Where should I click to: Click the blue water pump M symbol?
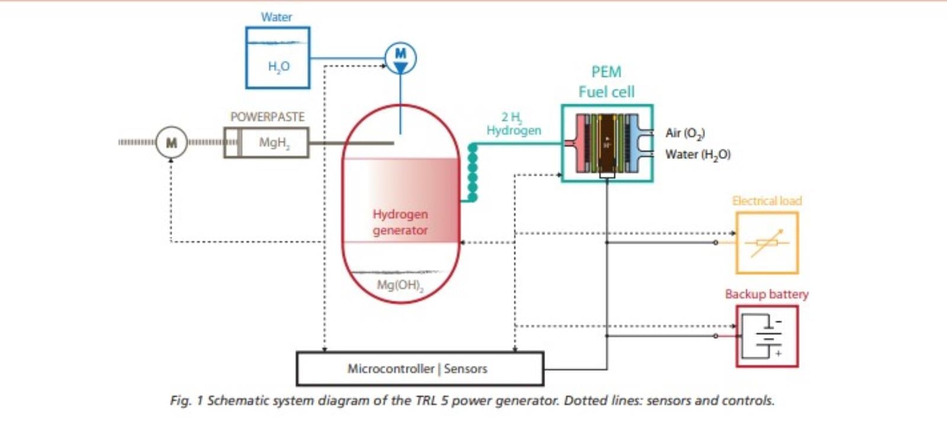pos(401,58)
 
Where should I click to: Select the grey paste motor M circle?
pos(172,143)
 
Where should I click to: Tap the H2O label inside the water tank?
pos(279,66)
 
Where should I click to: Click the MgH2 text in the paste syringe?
pos(274,143)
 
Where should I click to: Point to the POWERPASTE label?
pos(268,117)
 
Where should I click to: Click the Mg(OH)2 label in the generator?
pos(400,285)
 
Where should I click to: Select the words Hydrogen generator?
pos(400,222)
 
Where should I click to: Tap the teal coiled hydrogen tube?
pos(472,172)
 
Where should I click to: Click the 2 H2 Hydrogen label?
pos(513,124)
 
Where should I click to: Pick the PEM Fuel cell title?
pos(607,82)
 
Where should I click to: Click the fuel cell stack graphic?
pos(607,144)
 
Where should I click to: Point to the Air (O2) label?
pos(685,133)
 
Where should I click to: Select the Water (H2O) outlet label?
pos(698,155)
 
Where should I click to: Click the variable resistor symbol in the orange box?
pos(767,243)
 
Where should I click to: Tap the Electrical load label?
pos(766,201)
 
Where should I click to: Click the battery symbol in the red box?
pos(767,336)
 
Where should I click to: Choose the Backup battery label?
pos(766,294)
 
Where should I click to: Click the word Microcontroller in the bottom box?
pos(391,369)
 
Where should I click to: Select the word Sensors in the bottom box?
pos(466,369)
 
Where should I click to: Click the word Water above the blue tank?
pos(276,17)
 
